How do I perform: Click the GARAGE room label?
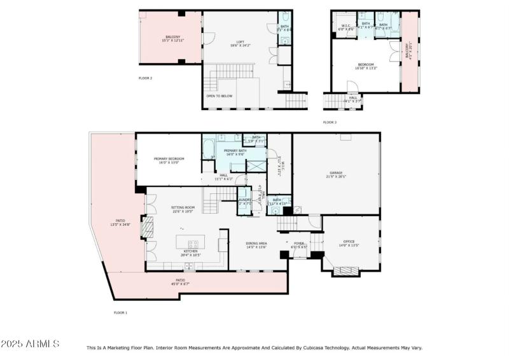336,172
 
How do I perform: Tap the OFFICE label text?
349,241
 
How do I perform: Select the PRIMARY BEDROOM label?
169,158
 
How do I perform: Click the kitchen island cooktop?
193,243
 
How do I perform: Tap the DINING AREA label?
256,244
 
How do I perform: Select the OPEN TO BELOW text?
219,96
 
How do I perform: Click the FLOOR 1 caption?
121,312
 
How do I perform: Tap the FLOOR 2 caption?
145,78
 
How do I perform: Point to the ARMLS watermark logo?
30,344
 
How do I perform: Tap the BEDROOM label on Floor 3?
365,65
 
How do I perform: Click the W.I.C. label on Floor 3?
342,26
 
